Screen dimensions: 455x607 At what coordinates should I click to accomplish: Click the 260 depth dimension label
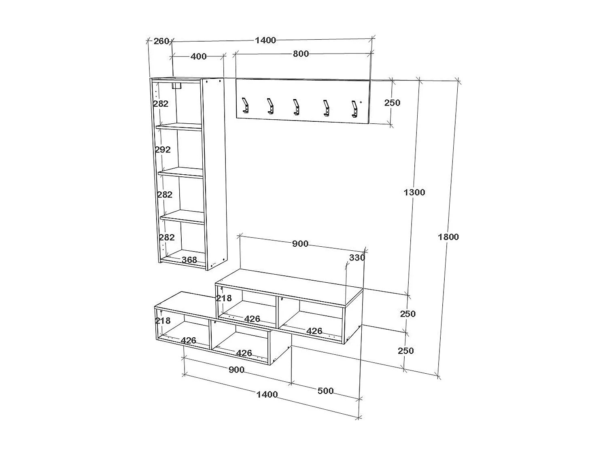point(161,41)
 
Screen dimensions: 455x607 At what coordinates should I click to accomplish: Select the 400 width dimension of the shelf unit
point(198,56)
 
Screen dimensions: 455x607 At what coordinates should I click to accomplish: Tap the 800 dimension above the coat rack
point(301,54)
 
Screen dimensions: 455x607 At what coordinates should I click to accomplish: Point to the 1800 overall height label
point(448,237)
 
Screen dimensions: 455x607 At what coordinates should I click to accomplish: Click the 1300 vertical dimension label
point(414,193)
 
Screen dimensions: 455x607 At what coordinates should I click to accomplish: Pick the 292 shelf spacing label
point(163,150)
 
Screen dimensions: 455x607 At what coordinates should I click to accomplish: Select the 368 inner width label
point(189,260)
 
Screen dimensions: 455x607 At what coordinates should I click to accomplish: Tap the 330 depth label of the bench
point(357,258)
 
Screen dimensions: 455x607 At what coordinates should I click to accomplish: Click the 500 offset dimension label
point(325,391)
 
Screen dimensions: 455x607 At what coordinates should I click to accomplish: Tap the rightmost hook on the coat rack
point(355,108)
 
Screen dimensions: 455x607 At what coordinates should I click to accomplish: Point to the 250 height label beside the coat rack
point(392,103)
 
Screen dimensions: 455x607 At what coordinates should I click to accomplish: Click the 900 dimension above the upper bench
point(300,244)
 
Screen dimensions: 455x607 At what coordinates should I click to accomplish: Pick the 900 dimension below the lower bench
point(236,370)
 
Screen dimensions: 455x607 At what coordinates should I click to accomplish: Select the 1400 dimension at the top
point(265,40)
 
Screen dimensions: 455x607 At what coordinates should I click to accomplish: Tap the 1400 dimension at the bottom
point(267,394)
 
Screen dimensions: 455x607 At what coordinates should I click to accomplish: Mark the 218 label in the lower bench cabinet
point(163,321)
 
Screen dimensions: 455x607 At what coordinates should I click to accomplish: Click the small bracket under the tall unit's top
point(177,85)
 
